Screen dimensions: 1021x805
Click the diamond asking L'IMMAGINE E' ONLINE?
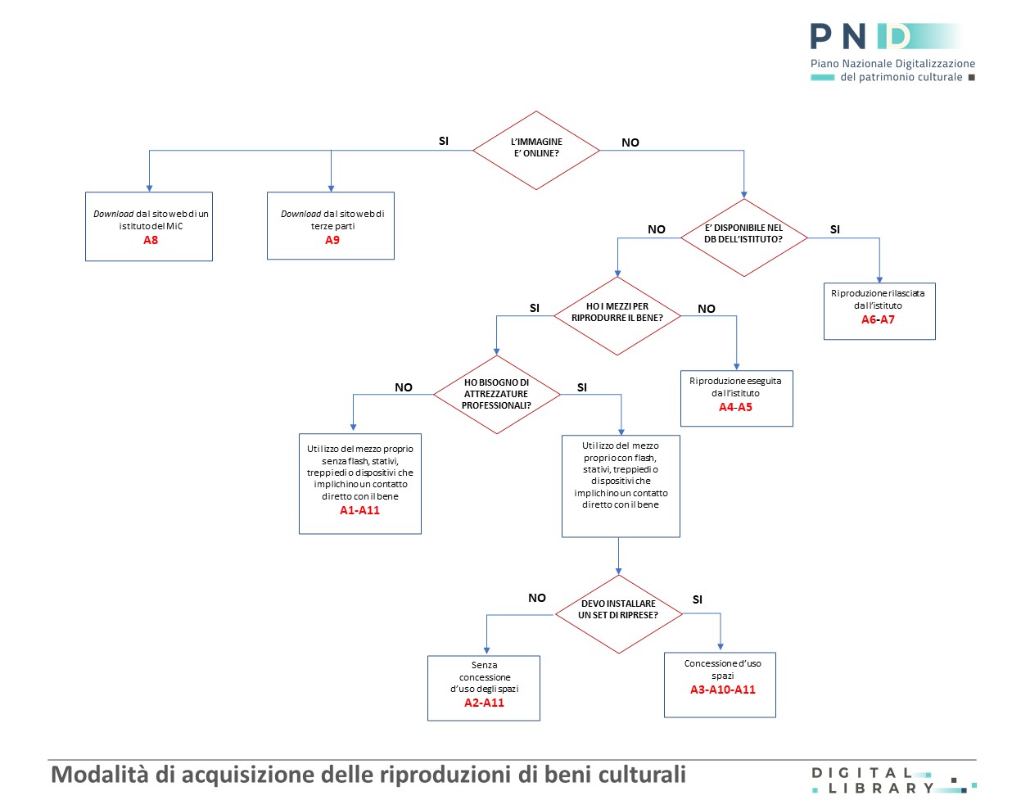536,151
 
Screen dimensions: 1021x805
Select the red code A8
151,240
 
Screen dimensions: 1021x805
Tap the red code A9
332,240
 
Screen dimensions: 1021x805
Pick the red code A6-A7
878,319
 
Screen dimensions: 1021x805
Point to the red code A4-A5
735,407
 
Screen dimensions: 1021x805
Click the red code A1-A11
359,510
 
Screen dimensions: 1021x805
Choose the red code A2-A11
484,703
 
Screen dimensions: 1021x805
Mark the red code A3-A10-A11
723,690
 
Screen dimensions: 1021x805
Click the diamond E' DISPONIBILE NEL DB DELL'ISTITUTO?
744,237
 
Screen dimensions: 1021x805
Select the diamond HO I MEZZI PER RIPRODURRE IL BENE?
617,316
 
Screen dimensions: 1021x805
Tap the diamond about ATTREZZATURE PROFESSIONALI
497,395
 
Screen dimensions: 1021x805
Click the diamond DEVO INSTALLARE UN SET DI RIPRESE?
619,614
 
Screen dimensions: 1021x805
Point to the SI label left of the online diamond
444,141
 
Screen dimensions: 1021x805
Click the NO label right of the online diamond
630,142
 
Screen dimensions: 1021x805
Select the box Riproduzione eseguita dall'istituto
736,398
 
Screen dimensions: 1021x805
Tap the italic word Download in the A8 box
113,214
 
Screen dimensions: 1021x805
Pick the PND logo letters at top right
861,37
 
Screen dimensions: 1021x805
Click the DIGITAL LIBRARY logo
894,780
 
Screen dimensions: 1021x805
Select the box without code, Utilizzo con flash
621,486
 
